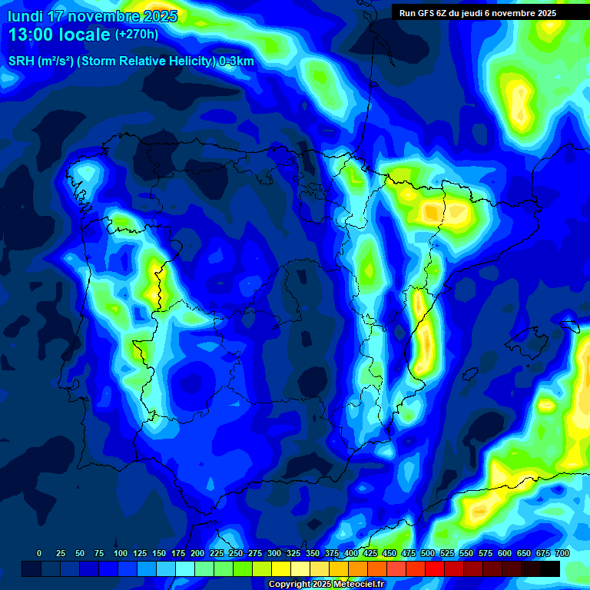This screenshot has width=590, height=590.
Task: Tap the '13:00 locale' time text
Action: point(58,35)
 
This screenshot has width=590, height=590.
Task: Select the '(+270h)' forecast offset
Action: point(137,35)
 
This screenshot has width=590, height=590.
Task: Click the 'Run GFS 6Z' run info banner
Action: point(478,13)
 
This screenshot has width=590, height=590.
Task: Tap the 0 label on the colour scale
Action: point(39,553)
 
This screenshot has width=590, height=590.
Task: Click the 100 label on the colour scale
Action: point(121,553)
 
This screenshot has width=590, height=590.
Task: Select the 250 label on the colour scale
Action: point(236,553)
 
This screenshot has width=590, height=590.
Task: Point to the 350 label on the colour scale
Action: point(313,553)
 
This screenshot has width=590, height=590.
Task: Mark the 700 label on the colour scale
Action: point(562,553)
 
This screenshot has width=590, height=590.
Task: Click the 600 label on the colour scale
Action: point(505,553)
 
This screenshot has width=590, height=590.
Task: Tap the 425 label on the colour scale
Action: point(370,553)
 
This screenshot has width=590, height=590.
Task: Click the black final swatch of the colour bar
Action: point(550,568)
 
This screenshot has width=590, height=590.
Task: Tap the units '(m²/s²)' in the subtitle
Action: point(54,61)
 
